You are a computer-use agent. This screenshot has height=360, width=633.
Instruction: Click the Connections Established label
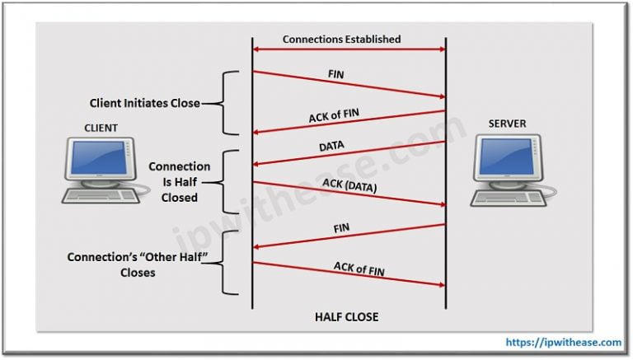[x=341, y=39]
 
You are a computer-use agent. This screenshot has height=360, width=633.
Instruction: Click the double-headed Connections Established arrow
[x=349, y=51]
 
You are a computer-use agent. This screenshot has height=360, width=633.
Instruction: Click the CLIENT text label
[x=101, y=128]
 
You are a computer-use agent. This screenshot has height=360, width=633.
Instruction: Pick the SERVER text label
[x=506, y=124]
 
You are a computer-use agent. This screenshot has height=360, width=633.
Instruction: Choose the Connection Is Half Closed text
[x=180, y=182]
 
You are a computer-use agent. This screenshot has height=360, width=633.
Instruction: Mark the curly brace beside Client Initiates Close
[x=230, y=103]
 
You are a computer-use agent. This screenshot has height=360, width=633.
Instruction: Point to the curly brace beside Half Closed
[x=230, y=182]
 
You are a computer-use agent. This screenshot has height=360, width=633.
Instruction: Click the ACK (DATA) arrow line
[x=349, y=193]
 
